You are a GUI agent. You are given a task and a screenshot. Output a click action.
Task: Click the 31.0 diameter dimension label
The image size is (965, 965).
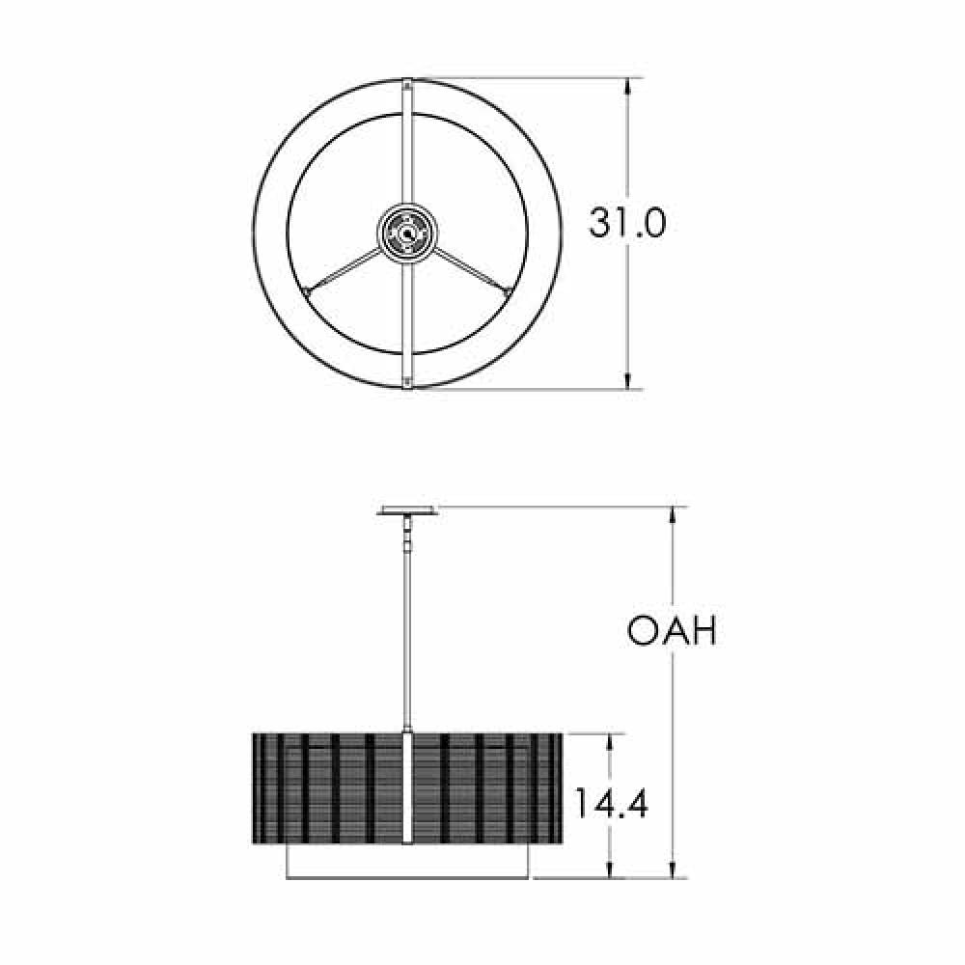pyautogui.click(x=627, y=224)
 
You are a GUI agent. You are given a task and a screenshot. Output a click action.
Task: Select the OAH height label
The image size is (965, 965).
pyautogui.click(x=672, y=632)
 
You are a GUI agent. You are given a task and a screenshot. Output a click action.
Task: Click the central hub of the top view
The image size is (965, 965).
pyautogui.click(x=407, y=233)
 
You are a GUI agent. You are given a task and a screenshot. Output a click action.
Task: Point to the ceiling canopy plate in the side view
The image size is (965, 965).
pyautogui.click(x=408, y=510)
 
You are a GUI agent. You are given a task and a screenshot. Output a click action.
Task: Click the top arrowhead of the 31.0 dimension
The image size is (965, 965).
pyautogui.click(x=629, y=87)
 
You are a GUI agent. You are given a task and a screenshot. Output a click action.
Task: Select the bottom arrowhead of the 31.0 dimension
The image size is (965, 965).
pyautogui.click(x=629, y=381)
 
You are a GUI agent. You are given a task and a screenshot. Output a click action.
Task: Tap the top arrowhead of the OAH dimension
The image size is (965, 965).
pyautogui.click(x=673, y=515)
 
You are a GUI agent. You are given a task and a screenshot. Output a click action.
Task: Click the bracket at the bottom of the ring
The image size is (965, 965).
pyautogui.click(x=408, y=383)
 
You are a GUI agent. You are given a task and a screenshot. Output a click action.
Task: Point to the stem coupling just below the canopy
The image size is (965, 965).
pyautogui.click(x=408, y=531)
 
